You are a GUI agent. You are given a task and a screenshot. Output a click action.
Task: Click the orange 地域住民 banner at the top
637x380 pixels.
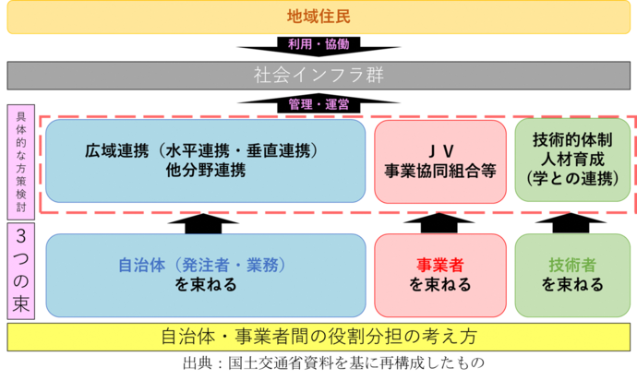pyautogui.click(x=318, y=18)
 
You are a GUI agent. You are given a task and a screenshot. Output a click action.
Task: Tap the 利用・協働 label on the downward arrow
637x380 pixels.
pyautogui.click(x=318, y=45)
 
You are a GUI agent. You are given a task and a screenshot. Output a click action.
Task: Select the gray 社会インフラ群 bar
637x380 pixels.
pyautogui.click(x=318, y=75)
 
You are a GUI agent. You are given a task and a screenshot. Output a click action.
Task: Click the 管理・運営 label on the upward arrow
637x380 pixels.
pyautogui.click(x=318, y=104)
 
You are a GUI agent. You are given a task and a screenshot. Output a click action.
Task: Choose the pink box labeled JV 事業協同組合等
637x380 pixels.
pyautogui.click(x=440, y=160)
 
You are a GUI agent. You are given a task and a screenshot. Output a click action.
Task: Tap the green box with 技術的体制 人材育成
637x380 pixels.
pyautogui.click(x=572, y=160)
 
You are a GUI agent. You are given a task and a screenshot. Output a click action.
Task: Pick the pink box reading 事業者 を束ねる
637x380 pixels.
pyautogui.click(x=440, y=275)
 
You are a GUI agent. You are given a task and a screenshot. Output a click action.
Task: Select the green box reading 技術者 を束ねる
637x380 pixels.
pyautogui.click(x=572, y=275)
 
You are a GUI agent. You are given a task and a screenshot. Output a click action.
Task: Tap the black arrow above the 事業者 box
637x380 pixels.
pyautogui.click(x=440, y=224)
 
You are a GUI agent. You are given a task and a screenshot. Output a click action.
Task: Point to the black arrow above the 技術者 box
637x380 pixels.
pyautogui.click(x=572, y=224)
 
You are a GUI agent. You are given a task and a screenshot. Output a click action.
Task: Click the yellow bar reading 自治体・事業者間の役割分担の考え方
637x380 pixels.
pyautogui.click(x=318, y=336)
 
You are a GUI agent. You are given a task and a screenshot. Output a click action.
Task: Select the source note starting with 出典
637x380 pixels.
pyautogui.click(x=318, y=364)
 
